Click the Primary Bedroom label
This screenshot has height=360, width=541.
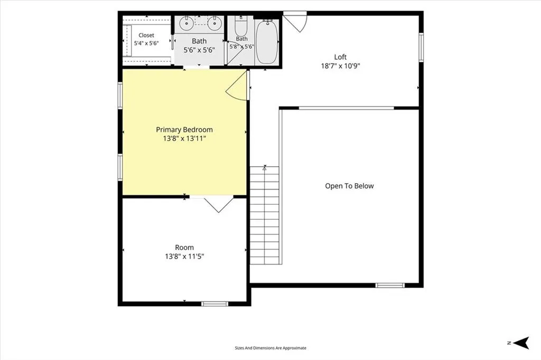184,130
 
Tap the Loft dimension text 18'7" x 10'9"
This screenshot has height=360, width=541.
340,66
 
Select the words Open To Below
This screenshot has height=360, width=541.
349,186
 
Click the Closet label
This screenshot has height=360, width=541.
146,35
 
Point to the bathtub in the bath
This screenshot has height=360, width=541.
267,42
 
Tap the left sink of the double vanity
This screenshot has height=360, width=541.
186,23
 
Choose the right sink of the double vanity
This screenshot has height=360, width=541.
214,23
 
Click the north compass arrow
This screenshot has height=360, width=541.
521,343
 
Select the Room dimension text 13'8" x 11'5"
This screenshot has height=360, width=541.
184,256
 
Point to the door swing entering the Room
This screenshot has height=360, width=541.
218,204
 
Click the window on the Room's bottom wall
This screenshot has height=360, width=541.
214,304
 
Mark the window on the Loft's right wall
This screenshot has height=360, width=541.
421,47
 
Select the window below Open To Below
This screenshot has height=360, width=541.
389,285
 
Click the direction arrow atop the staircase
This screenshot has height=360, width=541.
265,168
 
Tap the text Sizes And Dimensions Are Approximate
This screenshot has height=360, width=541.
270,348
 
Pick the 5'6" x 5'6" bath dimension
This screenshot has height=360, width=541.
199,50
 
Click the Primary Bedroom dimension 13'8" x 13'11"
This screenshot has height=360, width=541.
184,139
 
